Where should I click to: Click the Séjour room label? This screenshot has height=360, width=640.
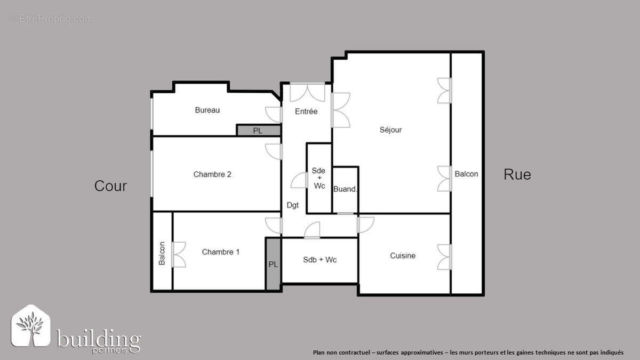[390, 130]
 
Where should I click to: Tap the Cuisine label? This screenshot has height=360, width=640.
[403, 255]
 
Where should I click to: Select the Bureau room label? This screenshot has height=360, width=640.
[207, 110]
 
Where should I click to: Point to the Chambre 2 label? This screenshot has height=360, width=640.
[212, 174]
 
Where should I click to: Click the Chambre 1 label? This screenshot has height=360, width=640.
[221, 252]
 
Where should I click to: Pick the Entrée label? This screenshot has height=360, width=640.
[306, 111]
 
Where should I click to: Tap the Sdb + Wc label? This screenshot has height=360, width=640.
[319, 260]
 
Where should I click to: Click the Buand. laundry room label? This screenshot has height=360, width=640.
[345, 189]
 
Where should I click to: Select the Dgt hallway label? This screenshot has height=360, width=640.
[292, 205]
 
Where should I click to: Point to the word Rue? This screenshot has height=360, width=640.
[517, 174]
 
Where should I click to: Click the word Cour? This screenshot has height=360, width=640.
[110, 186]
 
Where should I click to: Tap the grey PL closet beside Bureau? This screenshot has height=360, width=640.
[258, 131]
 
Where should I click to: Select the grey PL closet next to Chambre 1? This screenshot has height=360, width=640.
[273, 265]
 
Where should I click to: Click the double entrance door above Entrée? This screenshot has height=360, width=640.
[307, 92]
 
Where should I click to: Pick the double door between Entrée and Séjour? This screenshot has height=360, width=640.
[340, 110]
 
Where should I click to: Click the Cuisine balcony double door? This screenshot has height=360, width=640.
[444, 257]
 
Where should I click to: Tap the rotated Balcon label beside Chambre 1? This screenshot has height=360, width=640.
[162, 254]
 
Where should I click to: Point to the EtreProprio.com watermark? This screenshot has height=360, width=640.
[51, 19]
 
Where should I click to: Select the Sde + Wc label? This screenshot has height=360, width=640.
[319, 178]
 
